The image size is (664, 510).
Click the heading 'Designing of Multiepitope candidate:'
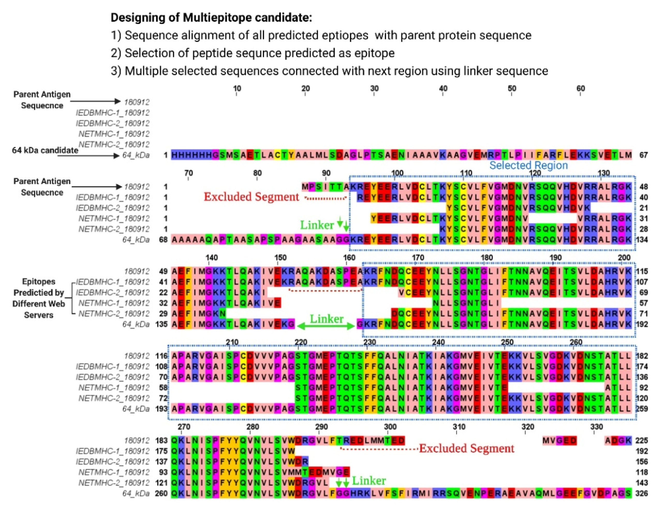211,18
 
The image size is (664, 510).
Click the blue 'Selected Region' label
528,165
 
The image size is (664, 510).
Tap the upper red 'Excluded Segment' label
251,197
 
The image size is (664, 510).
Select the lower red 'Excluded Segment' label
467,448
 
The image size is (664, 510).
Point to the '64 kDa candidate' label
45,150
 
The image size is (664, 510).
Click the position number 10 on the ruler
237,89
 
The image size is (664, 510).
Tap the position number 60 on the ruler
580,89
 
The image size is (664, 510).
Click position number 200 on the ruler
624,258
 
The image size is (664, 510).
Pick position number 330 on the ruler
596,427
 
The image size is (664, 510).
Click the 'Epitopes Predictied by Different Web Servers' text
39,298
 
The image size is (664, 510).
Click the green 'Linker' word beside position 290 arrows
369,481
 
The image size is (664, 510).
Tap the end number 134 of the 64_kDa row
642,240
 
